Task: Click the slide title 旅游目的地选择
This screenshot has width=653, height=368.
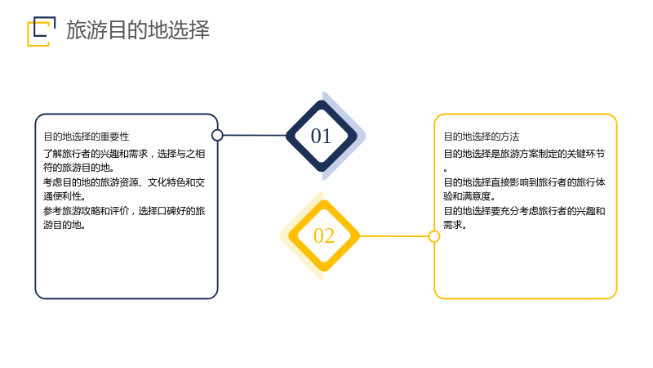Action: [x=138, y=30]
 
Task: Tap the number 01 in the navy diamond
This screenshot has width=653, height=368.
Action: [x=321, y=136]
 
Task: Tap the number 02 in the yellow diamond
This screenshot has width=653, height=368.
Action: [x=323, y=236]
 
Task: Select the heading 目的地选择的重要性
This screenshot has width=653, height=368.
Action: [x=87, y=137]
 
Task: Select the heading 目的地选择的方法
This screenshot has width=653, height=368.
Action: [x=482, y=137]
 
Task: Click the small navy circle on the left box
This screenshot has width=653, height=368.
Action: [x=217, y=135]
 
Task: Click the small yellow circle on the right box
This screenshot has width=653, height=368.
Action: [x=434, y=236]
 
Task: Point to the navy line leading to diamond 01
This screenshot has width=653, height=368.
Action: [x=255, y=135]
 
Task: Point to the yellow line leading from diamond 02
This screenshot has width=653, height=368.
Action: [x=394, y=236]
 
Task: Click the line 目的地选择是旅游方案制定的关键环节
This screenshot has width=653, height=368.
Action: [x=524, y=154]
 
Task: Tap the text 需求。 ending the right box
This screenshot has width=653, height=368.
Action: [x=455, y=224]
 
